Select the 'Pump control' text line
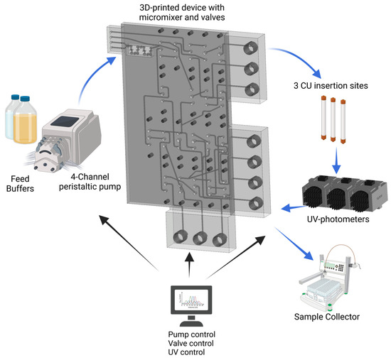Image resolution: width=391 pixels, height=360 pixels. (189, 334)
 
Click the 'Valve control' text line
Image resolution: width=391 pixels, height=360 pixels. (190, 344)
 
